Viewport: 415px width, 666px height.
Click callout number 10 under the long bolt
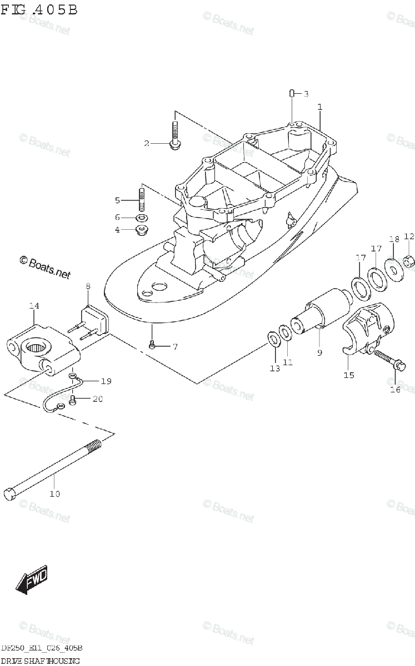pyautogui.click(x=54, y=493)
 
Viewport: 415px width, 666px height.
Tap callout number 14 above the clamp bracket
pyautogui.click(x=34, y=306)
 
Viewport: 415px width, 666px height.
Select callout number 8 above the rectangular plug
pyautogui.click(x=88, y=286)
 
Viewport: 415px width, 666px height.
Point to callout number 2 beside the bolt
pyautogui.click(x=147, y=143)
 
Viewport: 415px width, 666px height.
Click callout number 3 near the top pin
pyautogui.click(x=305, y=94)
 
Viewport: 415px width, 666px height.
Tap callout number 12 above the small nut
pyautogui.click(x=409, y=236)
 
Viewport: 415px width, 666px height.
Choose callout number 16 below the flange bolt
pyautogui.click(x=395, y=389)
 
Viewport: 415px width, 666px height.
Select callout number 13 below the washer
pyautogui.click(x=275, y=368)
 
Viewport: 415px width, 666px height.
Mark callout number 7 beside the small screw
pyautogui.click(x=174, y=347)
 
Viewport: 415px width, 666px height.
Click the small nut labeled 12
pyautogui.click(x=408, y=260)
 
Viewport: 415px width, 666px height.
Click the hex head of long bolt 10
pyautogui.click(x=9, y=491)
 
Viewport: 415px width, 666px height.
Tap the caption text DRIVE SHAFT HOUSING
pyautogui.click(x=40, y=660)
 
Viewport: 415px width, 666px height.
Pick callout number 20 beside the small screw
pyautogui.click(x=98, y=398)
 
